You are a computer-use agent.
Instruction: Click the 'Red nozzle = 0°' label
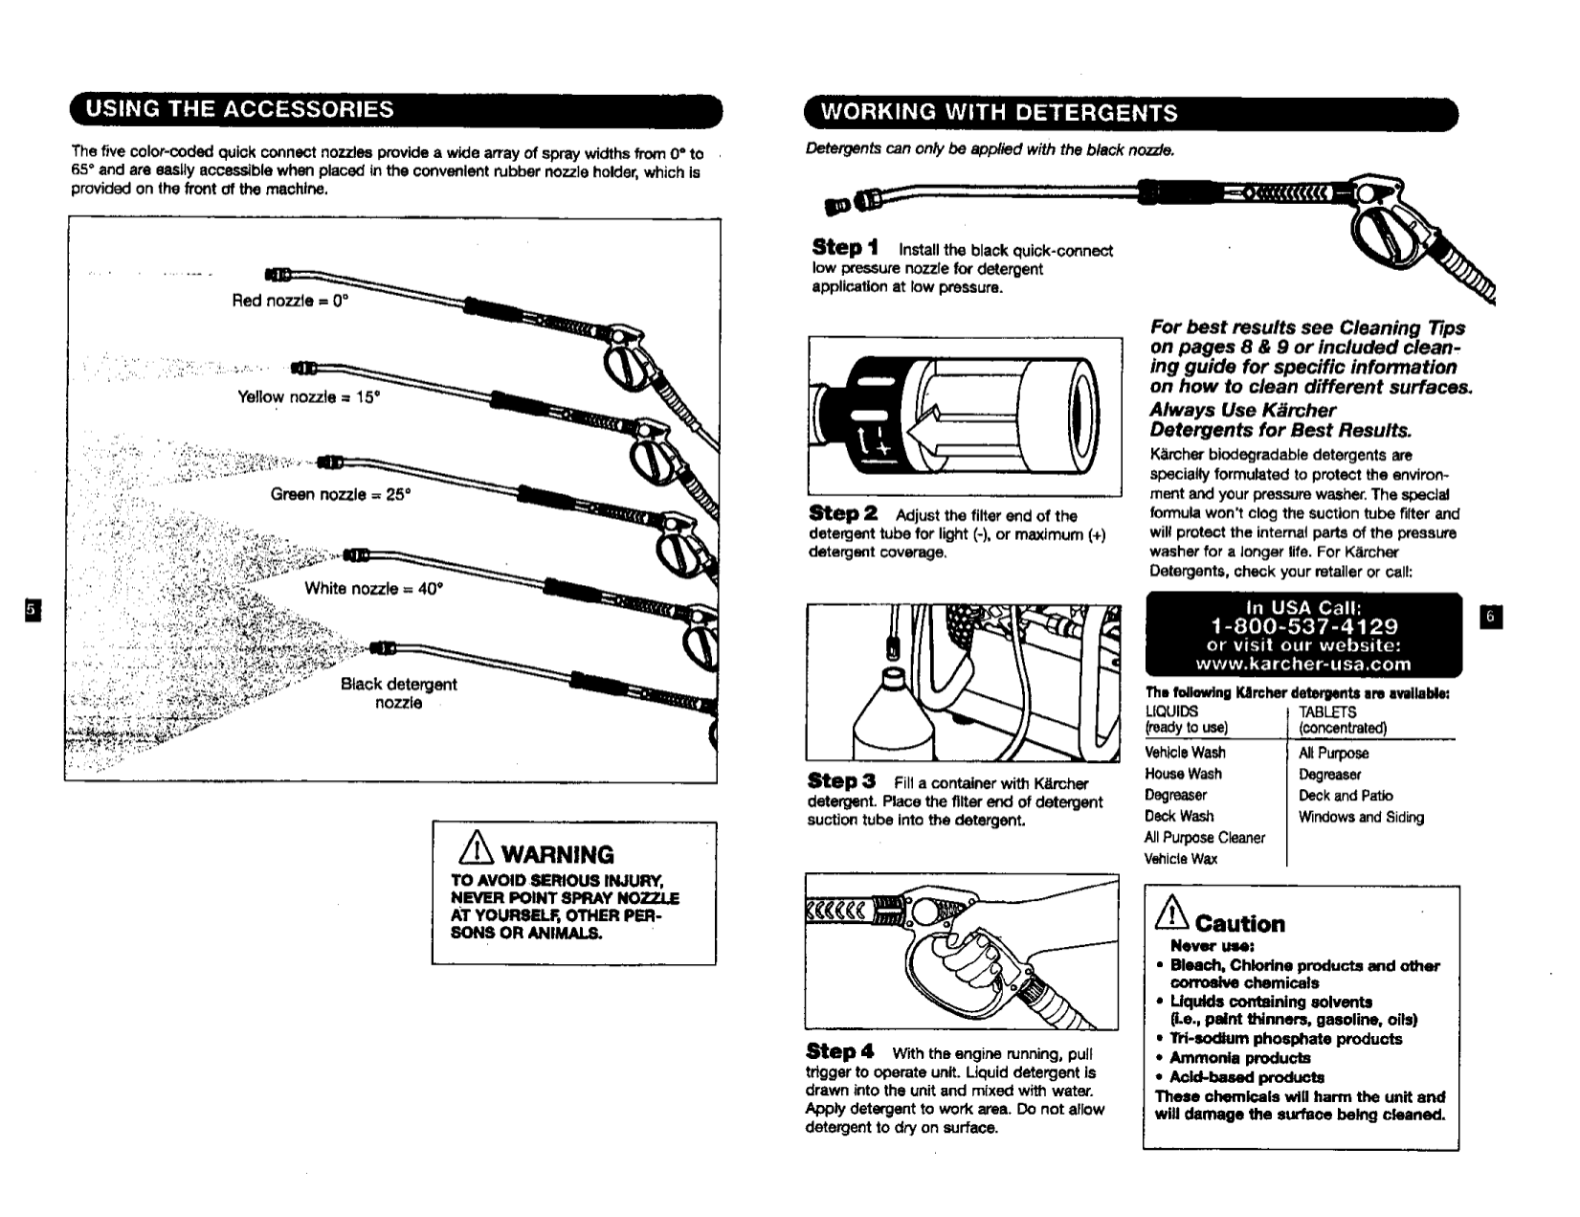[x=290, y=301]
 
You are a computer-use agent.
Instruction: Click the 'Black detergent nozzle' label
[x=398, y=693]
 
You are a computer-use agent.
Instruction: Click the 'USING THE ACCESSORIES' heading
[x=239, y=109]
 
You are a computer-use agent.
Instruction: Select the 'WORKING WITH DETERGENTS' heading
[x=999, y=113]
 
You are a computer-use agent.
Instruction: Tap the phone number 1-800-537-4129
[x=1303, y=626]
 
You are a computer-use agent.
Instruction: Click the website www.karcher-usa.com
[x=1303, y=664]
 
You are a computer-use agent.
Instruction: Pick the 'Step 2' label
[x=843, y=514]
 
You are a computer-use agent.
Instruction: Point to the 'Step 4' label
[x=840, y=1051]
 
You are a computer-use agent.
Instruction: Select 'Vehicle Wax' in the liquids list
[x=1180, y=859]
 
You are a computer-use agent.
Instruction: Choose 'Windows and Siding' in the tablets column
[x=1360, y=817]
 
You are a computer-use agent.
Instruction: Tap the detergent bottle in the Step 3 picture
[x=889, y=713]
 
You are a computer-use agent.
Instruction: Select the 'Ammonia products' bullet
[x=1238, y=1058]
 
